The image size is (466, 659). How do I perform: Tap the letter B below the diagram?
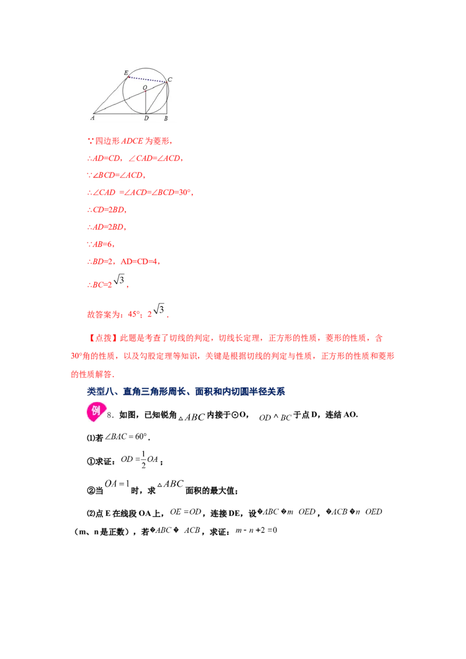pyautogui.click(x=166, y=119)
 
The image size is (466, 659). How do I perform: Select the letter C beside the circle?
pyautogui.click(x=170, y=79)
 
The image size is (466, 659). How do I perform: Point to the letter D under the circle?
pyautogui.click(x=146, y=119)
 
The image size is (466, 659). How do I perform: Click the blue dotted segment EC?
pyautogui.click(x=148, y=79)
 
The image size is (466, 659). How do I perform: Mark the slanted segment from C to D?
pyautogui.click(x=157, y=98)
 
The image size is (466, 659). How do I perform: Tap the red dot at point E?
pyautogui.click(x=129, y=76)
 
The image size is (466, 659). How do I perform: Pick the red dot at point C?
pyautogui.click(x=167, y=82)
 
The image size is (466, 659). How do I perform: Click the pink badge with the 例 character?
pyautogui.click(x=96, y=411)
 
